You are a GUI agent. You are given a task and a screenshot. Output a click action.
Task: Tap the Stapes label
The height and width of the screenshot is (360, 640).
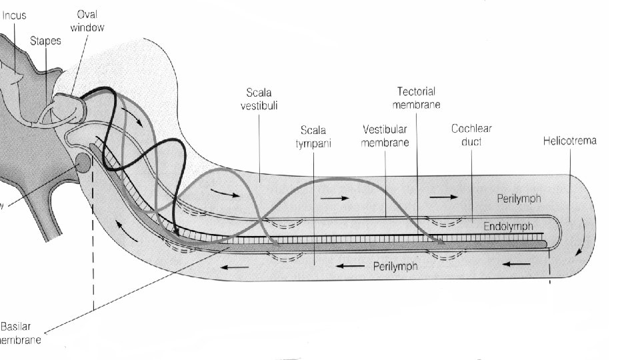click(x=45, y=41)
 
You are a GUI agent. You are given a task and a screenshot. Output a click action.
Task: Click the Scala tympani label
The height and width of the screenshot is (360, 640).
click(x=313, y=136)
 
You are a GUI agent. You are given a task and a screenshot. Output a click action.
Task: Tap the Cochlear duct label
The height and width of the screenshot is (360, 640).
click(x=471, y=136)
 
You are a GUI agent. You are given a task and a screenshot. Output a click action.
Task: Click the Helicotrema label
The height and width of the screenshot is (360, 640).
click(x=569, y=141)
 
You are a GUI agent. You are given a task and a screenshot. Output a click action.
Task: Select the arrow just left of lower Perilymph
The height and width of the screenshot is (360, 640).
click(x=349, y=266)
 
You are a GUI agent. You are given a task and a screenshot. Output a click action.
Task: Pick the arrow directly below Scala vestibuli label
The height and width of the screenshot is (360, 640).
click(x=227, y=193)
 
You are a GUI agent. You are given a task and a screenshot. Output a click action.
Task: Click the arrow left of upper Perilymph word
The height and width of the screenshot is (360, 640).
click(x=444, y=197)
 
